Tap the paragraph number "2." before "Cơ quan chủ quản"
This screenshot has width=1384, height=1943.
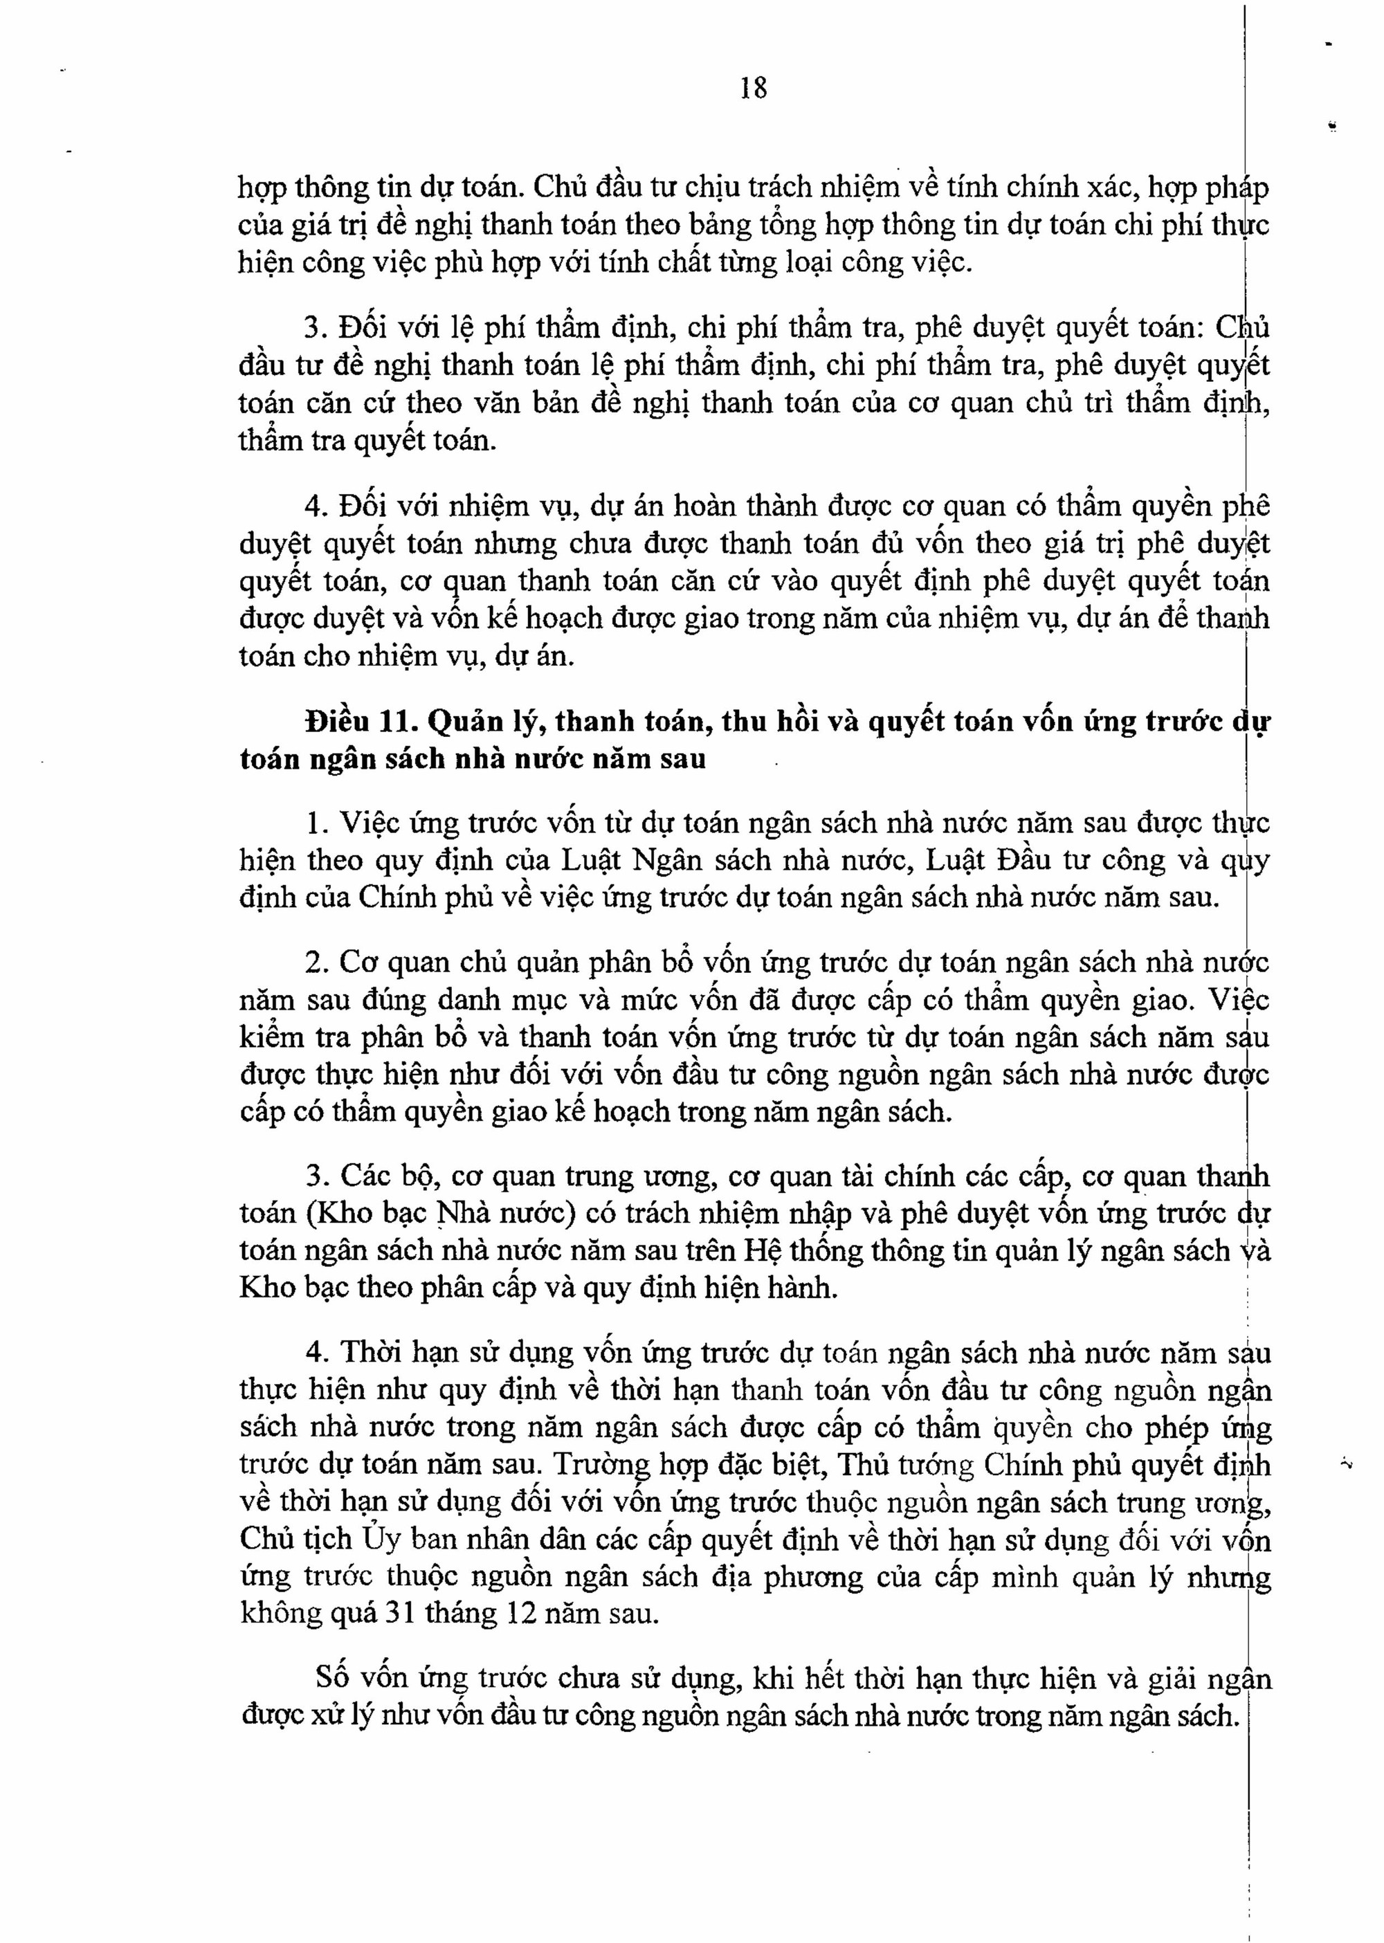(x=317, y=962)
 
